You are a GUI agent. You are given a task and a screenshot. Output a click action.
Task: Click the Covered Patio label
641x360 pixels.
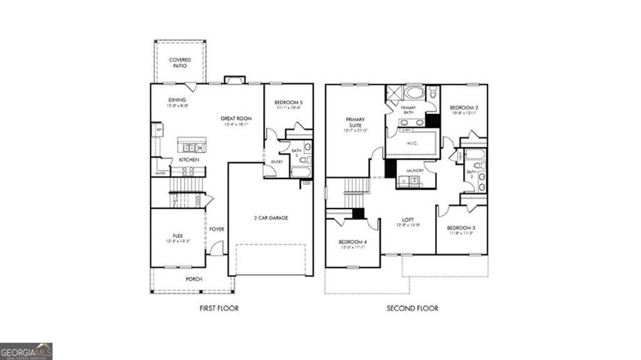click(x=180, y=63)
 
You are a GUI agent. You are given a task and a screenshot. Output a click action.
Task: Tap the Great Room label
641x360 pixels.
click(x=235, y=118)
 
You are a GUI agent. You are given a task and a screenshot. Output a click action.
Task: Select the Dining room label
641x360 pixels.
click(x=177, y=100)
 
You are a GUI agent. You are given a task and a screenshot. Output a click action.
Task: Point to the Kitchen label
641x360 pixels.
click(x=189, y=160)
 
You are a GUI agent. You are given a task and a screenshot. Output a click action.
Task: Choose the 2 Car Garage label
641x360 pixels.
click(x=270, y=217)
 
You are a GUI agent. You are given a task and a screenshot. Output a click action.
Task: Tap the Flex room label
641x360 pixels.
click(x=178, y=236)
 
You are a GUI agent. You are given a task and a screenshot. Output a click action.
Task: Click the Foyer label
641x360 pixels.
click(x=217, y=229)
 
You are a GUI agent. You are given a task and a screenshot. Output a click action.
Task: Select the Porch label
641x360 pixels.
click(x=194, y=279)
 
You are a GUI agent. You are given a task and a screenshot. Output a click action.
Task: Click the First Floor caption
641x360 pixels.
click(x=219, y=308)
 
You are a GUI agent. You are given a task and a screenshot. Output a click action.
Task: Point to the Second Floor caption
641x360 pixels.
click(x=413, y=308)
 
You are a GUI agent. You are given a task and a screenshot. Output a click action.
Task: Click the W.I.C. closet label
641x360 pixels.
click(x=411, y=143)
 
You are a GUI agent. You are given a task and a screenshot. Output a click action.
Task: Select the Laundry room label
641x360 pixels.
click(x=415, y=170)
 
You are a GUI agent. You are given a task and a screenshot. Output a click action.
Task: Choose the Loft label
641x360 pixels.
click(x=408, y=220)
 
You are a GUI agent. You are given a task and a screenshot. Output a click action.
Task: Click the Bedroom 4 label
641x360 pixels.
click(x=351, y=242)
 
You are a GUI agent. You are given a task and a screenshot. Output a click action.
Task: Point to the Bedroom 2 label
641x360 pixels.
click(x=464, y=108)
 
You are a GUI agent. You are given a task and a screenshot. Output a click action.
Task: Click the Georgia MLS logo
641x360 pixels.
click(x=26, y=351)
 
